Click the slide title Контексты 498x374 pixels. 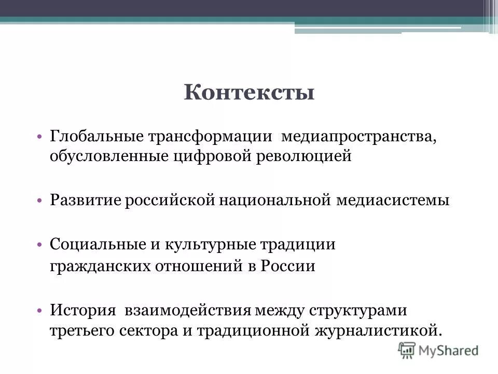pyautogui.click(x=249, y=93)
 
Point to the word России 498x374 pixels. pyautogui.click(x=288, y=266)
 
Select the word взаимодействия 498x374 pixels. pyautogui.click(x=188, y=311)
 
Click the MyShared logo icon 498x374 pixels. pyautogui.click(x=407, y=350)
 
